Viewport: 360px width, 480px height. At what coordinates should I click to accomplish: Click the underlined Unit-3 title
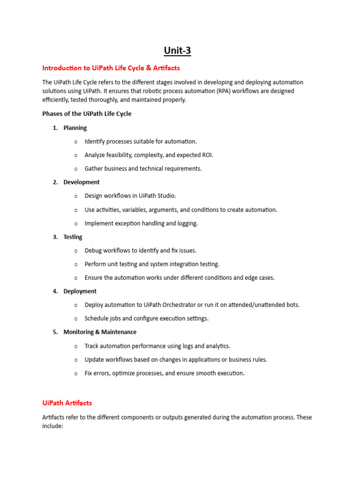pyautogui.click(x=178, y=50)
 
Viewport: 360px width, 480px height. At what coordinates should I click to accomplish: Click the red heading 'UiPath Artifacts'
pyautogui.click(x=67, y=403)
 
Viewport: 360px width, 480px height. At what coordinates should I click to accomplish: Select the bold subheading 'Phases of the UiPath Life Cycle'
pyautogui.click(x=87, y=114)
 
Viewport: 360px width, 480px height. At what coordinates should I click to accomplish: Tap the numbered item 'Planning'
pyautogui.click(x=75, y=127)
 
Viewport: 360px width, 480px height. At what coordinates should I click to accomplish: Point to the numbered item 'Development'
pyautogui.click(x=82, y=182)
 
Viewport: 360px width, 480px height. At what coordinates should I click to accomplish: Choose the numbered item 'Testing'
pyautogui.click(x=73, y=237)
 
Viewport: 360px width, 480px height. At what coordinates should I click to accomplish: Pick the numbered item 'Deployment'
pyautogui.click(x=80, y=291)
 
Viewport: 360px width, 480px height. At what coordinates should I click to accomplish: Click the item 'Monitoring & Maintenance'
pyautogui.click(x=100, y=332)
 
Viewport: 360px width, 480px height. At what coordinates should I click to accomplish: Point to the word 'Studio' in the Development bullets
pyautogui.click(x=166, y=195)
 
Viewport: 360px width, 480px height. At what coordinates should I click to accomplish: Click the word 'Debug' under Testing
pyautogui.click(x=93, y=250)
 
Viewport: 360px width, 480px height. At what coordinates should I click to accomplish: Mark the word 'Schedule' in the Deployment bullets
pyautogui.click(x=97, y=318)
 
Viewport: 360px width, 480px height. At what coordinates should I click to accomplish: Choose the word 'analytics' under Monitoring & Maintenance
pyautogui.click(x=217, y=346)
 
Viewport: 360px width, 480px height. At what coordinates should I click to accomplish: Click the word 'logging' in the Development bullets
pyautogui.click(x=187, y=223)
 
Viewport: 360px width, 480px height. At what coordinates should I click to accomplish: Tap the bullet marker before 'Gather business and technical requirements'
pyautogui.click(x=76, y=169)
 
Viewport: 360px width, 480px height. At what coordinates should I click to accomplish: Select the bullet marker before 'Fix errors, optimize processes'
pyautogui.click(x=76, y=374)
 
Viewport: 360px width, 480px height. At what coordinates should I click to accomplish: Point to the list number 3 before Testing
pyautogui.click(x=55, y=237)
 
